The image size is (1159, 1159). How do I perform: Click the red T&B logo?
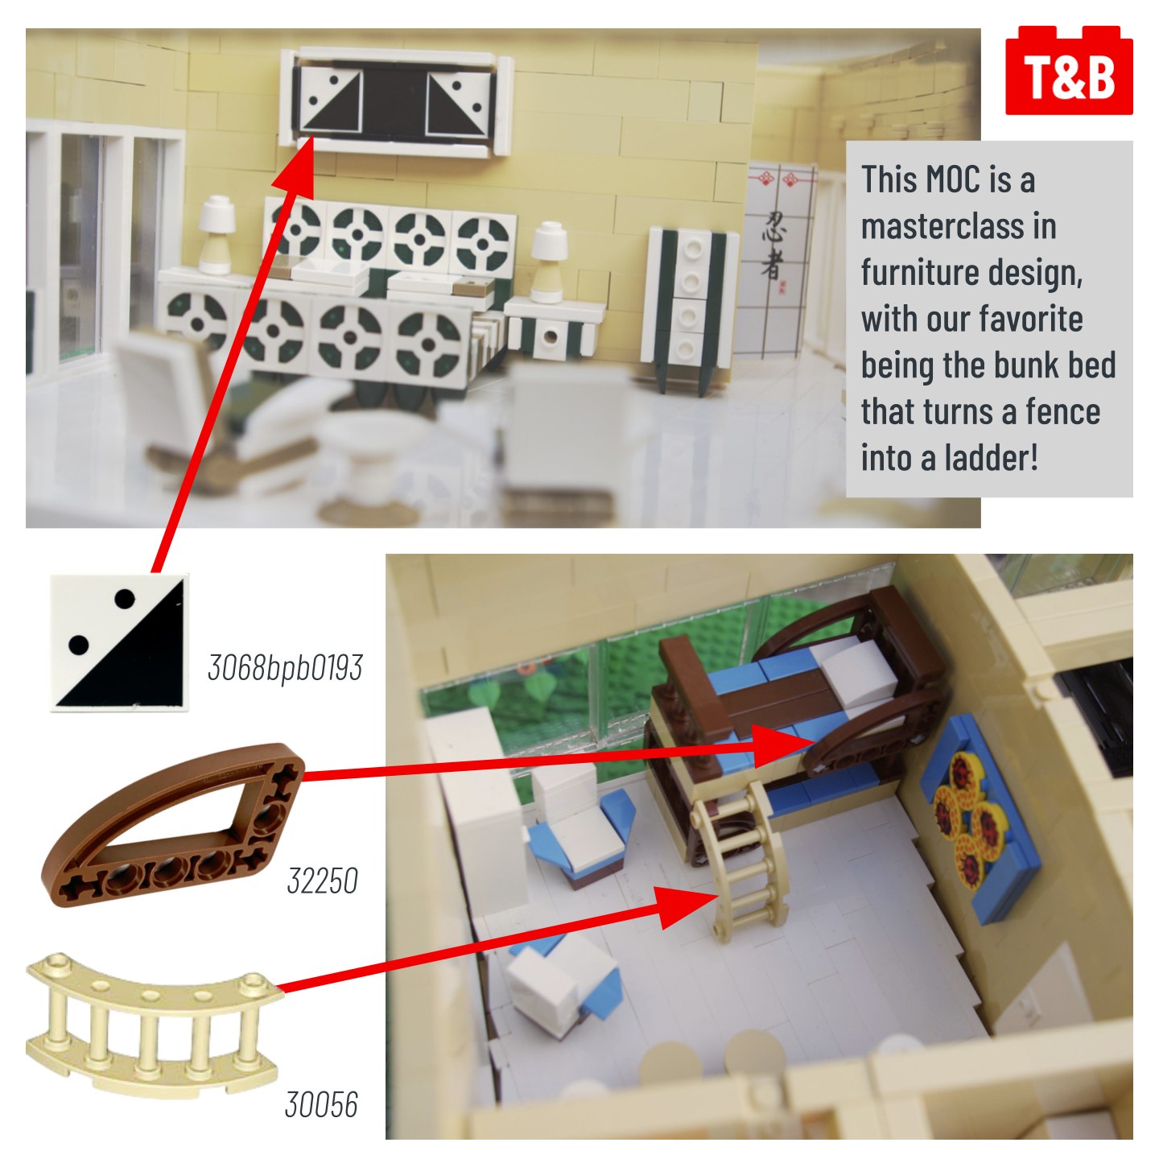[1069, 70]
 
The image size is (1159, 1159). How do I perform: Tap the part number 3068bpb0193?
[285, 667]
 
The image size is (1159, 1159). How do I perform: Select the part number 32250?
[323, 881]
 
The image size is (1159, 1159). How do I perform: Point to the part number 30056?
[321, 1104]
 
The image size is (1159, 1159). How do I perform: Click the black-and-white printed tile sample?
[119, 642]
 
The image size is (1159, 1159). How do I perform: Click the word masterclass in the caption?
[959, 226]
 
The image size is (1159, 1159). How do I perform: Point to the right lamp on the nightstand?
[549, 262]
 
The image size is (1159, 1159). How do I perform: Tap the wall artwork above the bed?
[395, 104]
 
